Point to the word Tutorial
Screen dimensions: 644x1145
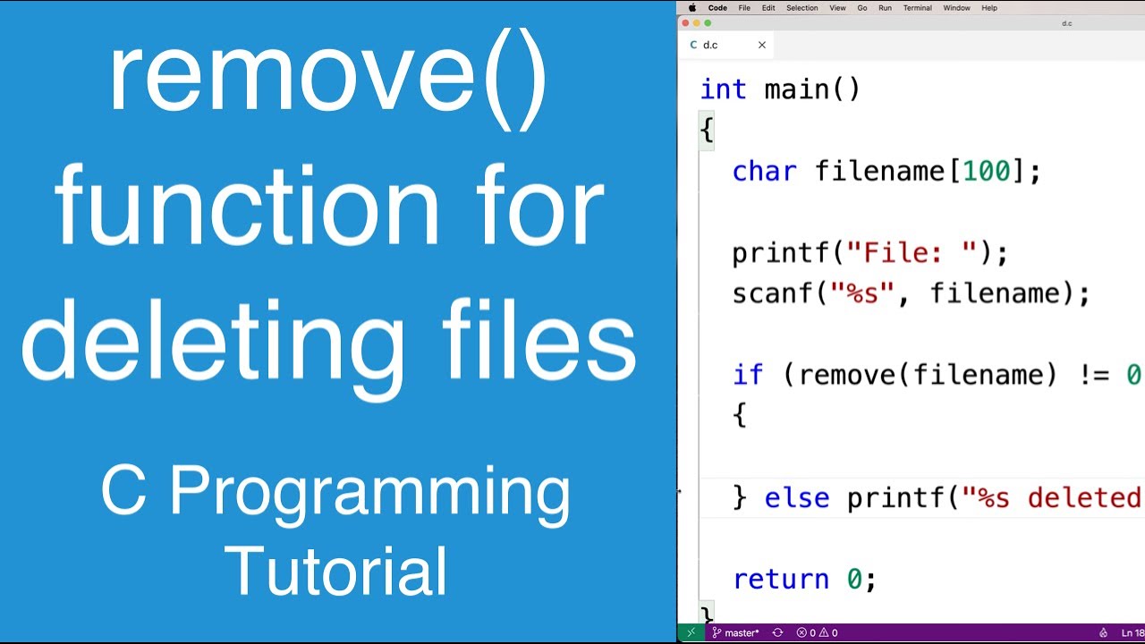336,570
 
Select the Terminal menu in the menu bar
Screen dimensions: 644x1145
917,8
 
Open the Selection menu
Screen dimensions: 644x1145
801,8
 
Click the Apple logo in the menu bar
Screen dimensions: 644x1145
691,8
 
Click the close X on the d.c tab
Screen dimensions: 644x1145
762,45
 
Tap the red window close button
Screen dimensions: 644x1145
686,23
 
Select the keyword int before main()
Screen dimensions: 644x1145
723,89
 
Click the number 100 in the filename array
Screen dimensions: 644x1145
986,171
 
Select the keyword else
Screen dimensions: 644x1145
796,497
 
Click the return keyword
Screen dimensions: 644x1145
780,580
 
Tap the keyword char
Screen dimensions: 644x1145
764,171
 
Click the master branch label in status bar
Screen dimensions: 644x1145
741,632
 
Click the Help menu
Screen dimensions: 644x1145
989,8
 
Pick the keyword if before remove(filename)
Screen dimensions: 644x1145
748,375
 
